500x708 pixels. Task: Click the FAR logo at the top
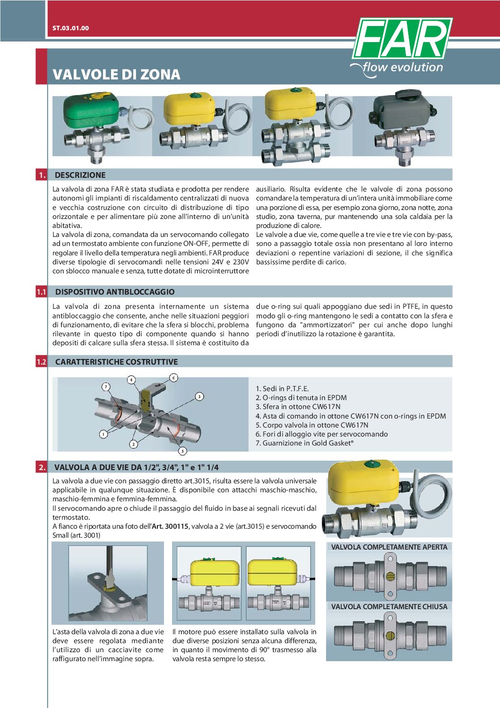point(402,39)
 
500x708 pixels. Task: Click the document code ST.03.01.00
point(70,28)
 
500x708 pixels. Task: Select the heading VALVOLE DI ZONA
point(116,74)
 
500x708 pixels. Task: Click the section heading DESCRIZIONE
point(80,175)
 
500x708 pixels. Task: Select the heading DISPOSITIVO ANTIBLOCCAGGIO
point(115,292)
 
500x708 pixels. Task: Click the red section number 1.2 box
point(42,362)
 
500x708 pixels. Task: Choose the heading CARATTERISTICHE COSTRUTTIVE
point(116,362)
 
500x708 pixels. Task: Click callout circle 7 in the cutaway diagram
point(106,386)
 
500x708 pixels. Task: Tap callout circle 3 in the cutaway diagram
point(200,396)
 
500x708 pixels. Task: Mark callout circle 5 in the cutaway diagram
point(182,451)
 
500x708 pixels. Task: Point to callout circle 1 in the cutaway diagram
point(103,434)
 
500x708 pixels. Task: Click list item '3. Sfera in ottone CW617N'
point(298,407)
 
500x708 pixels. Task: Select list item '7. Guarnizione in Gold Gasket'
point(304,443)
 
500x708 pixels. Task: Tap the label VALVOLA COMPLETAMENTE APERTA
point(389,547)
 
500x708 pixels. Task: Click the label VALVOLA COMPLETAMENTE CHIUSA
point(389,607)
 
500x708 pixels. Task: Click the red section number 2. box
point(42,467)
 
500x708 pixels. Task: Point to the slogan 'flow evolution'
point(402,68)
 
